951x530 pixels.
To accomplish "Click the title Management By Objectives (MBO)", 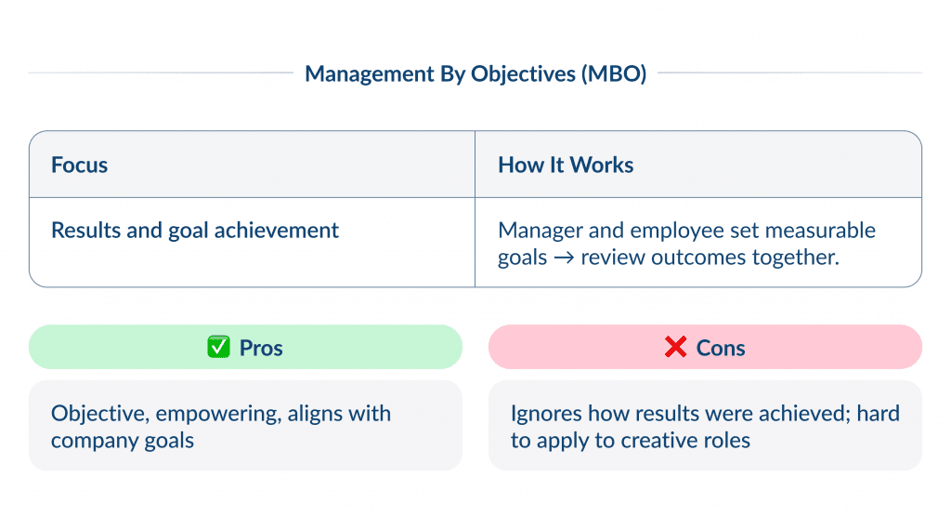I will click(x=475, y=73).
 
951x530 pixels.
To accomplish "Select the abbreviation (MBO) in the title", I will click(x=613, y=73).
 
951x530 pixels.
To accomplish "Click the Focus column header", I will click(x=80, y=166).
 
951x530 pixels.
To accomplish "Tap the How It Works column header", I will click(x=566, y=166).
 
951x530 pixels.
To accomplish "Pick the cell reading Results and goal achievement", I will click(x=195, y=231).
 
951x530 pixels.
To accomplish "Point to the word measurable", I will click(x=818, y=231).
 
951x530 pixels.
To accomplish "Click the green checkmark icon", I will click(x=218, y=348).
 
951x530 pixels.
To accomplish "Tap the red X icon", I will click(x=675, y=348).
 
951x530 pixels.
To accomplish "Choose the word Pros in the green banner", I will click(x=261, y=348).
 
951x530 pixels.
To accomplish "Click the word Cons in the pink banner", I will click(x=721, y=348).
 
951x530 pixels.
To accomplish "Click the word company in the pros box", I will click(x=93, y=441).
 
